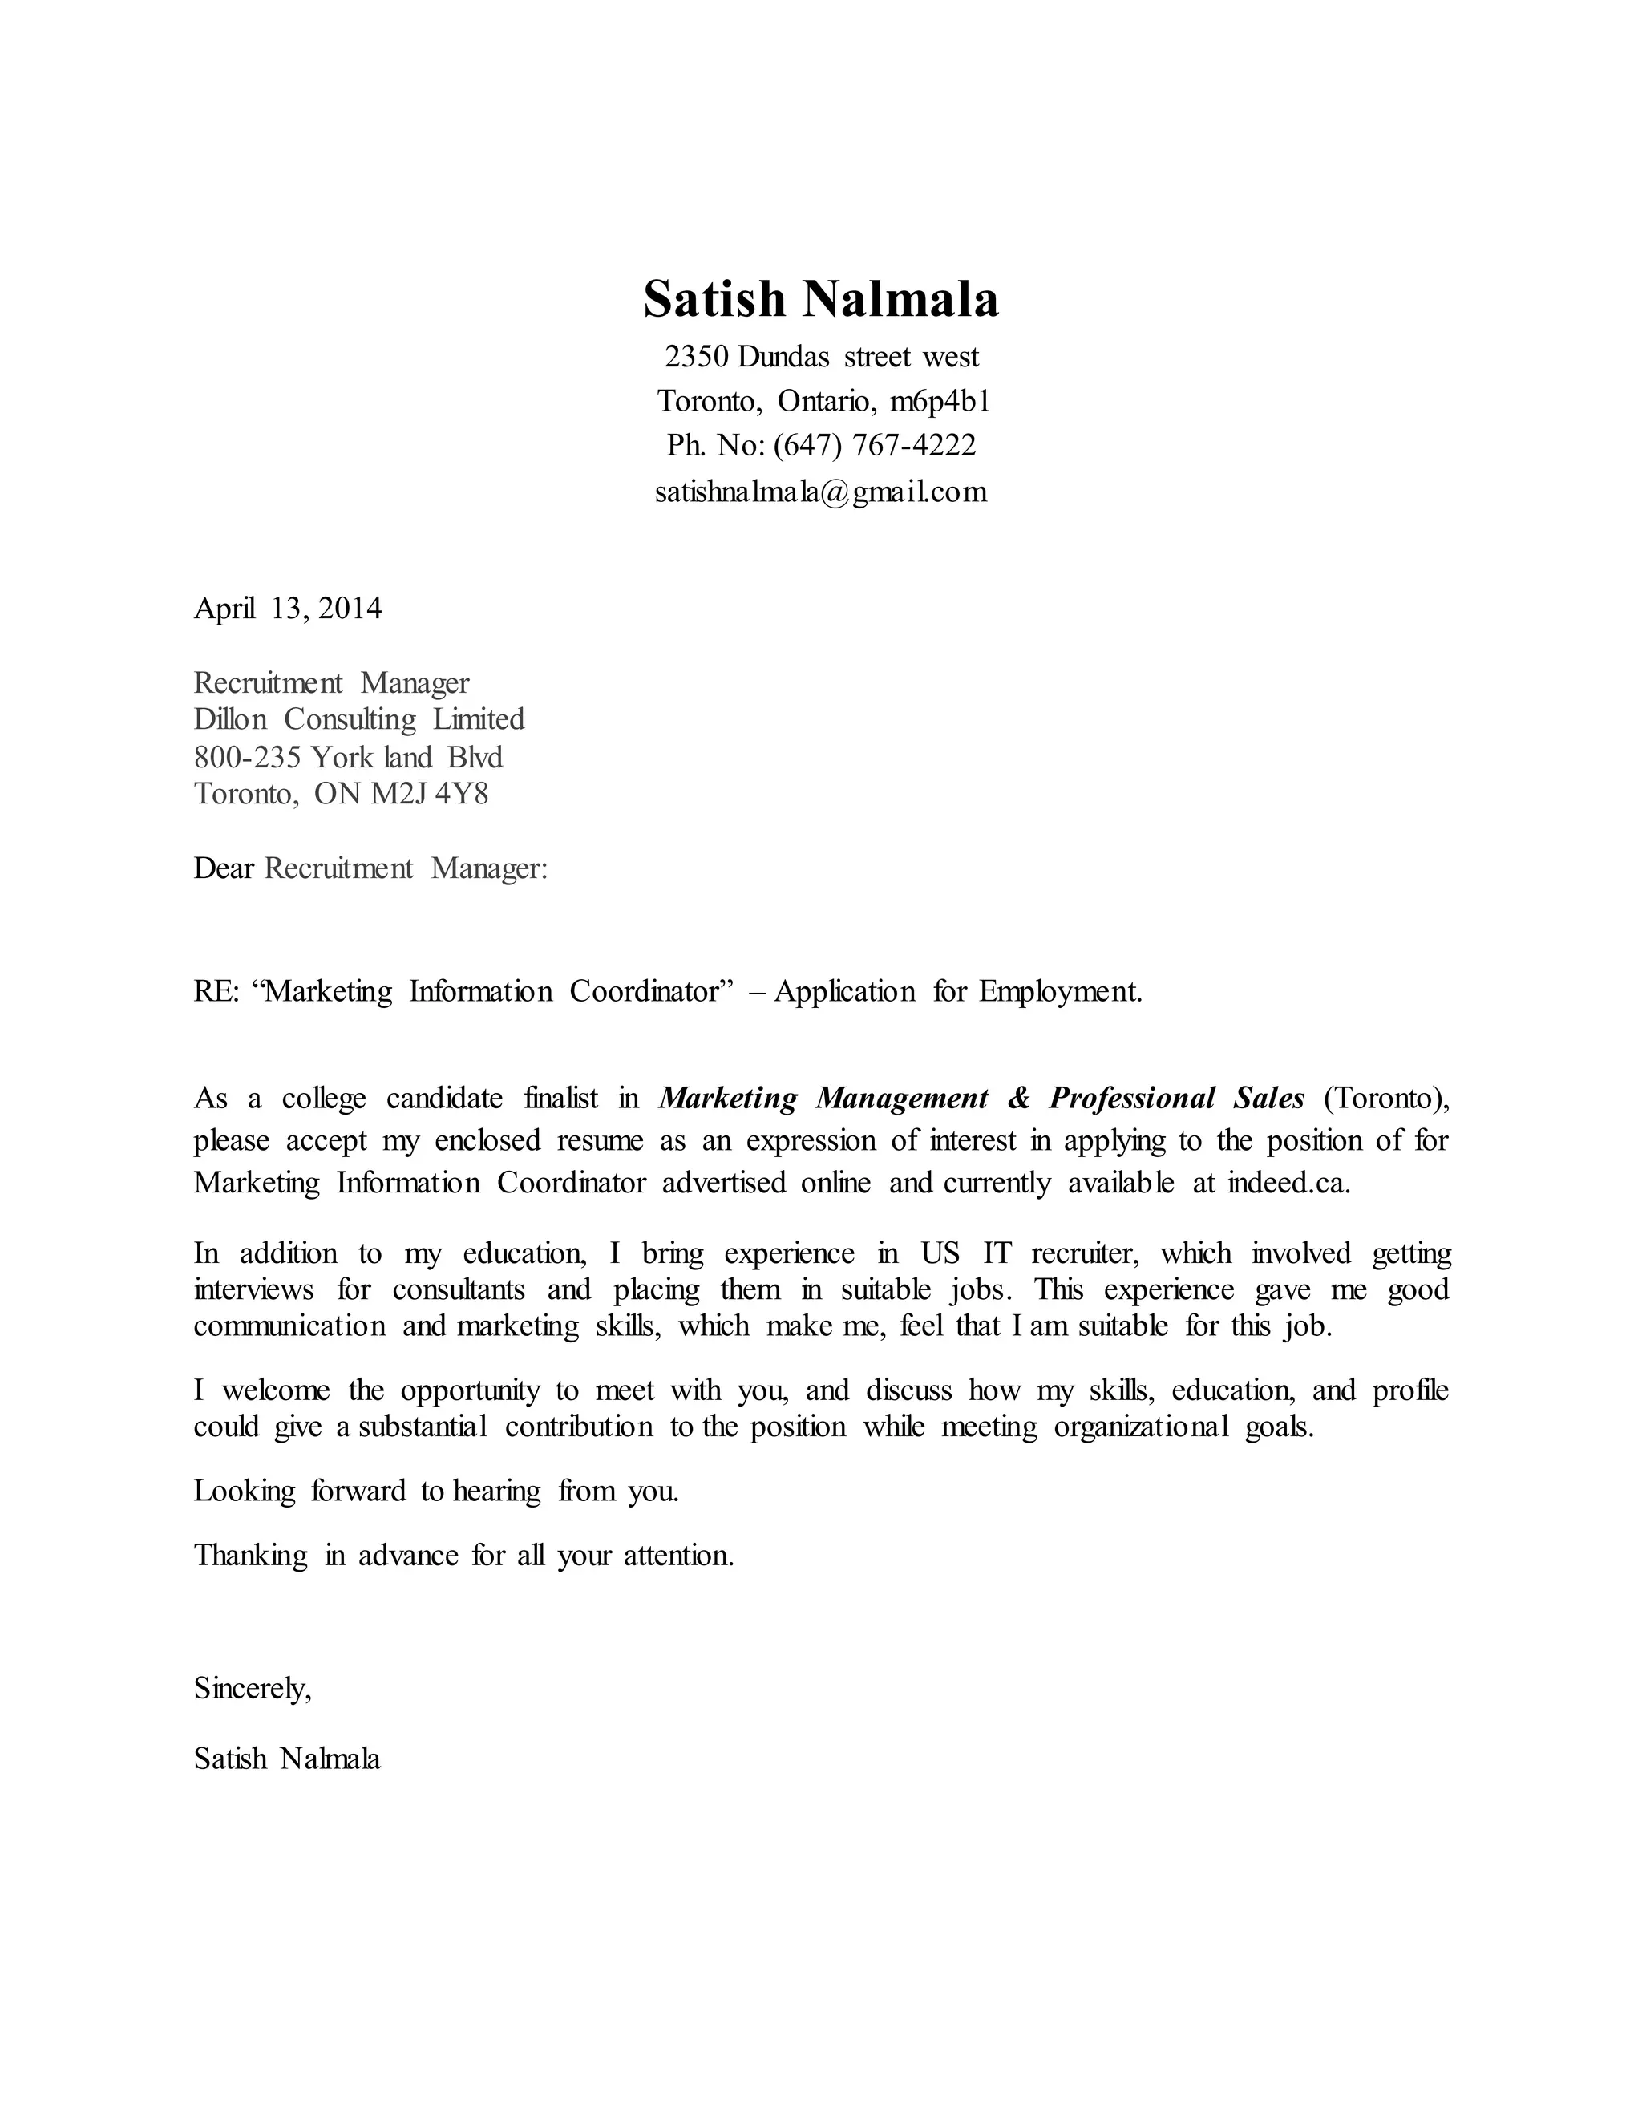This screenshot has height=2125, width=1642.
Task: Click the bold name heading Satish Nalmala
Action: (x=820, y=300)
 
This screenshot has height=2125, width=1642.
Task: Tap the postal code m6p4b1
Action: (x=940, y=401)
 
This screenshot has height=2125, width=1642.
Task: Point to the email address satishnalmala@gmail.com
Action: (x=820, y=492)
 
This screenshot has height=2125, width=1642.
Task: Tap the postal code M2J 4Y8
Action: (x=429, y=794)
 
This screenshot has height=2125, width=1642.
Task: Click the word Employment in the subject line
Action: (x=1059, y=991)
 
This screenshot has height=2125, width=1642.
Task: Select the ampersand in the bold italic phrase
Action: (x=1018, y=1099)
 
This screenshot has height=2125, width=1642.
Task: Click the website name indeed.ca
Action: (x=1288, y=1183)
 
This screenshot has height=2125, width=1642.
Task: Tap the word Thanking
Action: (x=251, y=1556)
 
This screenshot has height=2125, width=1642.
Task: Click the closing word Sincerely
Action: (x=252, y=1688)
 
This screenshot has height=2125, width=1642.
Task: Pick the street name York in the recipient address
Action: (x=342, y=757)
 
